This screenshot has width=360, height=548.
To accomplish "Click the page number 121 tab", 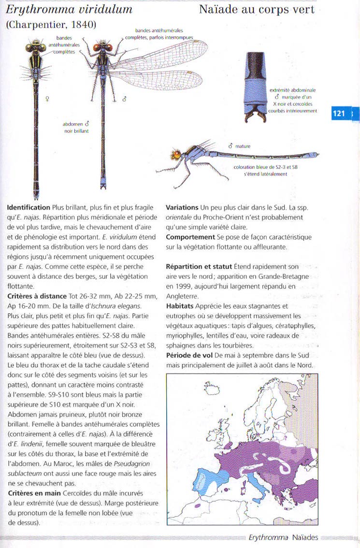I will (x=339, y=114).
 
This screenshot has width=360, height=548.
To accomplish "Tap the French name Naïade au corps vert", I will (x=257, y=10).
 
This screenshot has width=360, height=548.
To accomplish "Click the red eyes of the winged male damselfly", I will (x=101, y=47).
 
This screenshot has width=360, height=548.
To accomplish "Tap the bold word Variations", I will (x=182, y=207).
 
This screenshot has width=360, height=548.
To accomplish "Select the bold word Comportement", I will (x=190, y=237).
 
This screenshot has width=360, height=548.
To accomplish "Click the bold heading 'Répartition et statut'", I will (x=199, y=266).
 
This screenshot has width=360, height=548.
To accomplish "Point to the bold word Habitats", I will (x=182, y=306).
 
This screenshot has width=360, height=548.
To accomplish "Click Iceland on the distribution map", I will (x=211, y=387).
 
